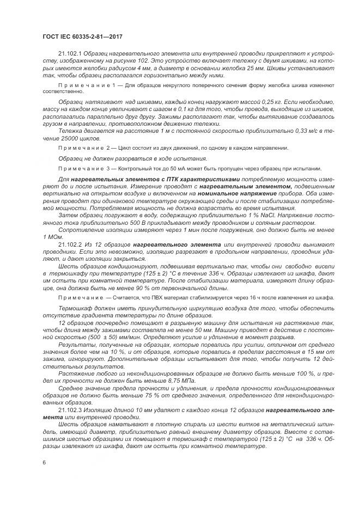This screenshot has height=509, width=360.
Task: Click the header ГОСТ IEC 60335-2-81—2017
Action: tap(82, 36)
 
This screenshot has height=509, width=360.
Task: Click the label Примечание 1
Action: tap(87, 85)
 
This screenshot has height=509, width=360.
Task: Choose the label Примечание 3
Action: tap(87, 168)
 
